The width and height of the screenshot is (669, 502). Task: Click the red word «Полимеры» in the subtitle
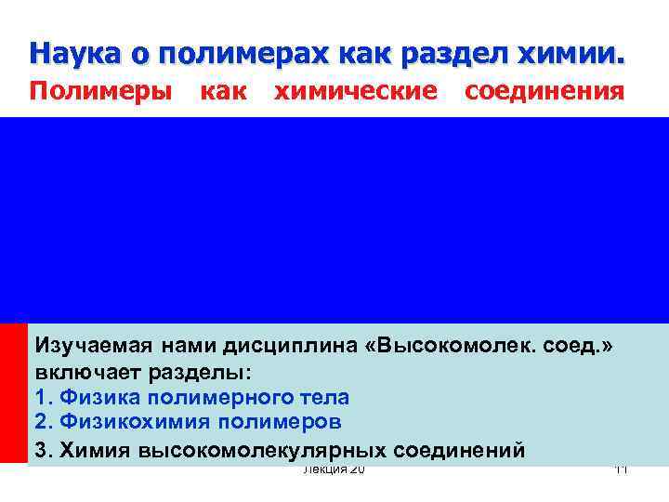[100, 92]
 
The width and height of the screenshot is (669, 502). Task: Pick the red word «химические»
[354, 92]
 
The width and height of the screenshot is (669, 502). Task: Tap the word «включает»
[85, 373]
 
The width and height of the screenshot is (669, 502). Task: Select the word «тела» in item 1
[322, 398]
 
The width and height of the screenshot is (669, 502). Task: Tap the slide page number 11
[622, 471]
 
